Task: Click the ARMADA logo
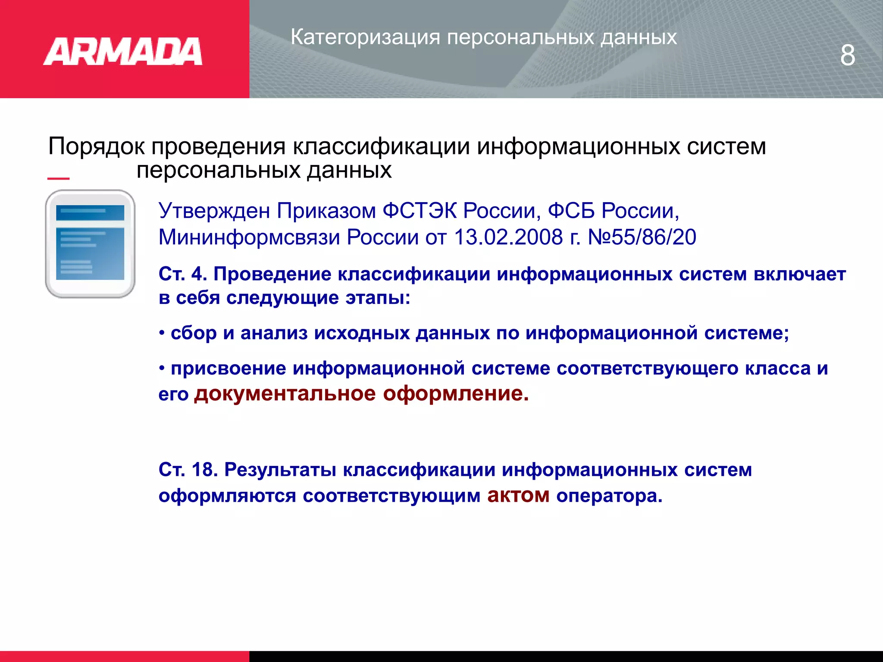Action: click(x=123, y=52)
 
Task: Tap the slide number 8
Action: click(x=847, y=56)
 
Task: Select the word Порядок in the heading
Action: click(x=96, y=147)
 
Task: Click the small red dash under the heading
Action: click(x=58, y=178)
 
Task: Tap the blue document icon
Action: click(x=90, y=244)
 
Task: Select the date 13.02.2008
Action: click(x=508, y=237)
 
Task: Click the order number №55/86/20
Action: click(x=642, y=237)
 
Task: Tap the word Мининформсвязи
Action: click(x=249, y=237)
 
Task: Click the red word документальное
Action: click(x=285, y=394)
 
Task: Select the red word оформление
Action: click(x=455, y=394)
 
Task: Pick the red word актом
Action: click(x=518, y=496)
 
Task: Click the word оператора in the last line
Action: click(x=609, y=496)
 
